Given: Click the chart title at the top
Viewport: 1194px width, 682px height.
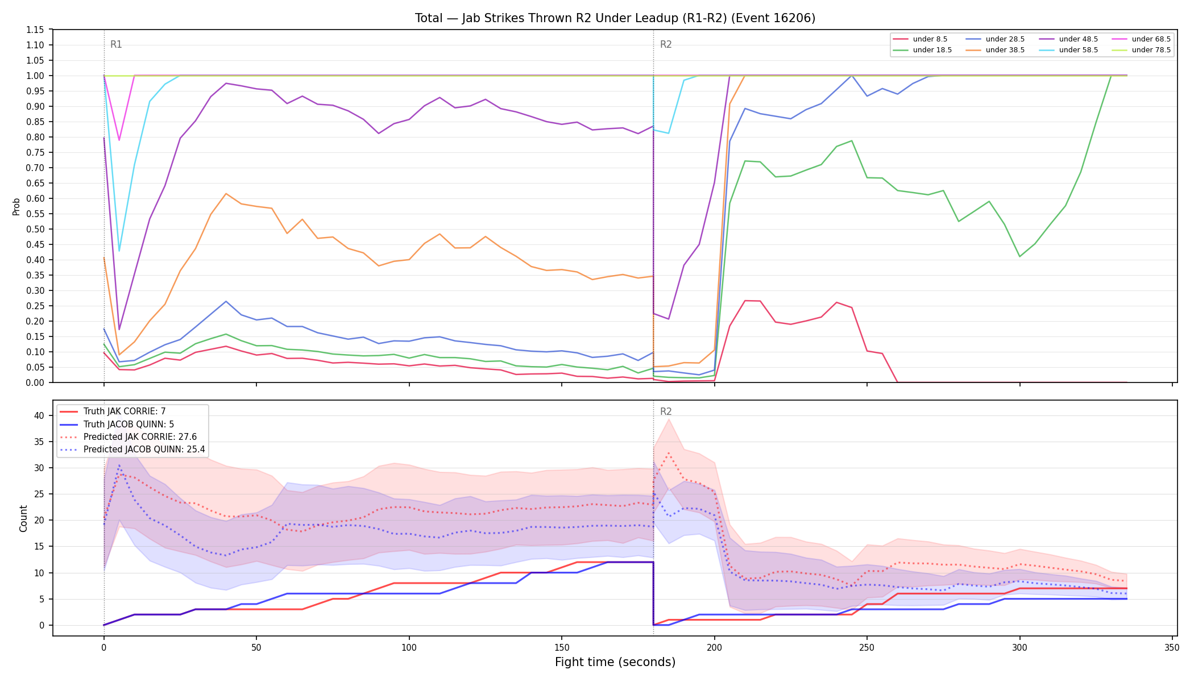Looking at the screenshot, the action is click(x=615, y=18).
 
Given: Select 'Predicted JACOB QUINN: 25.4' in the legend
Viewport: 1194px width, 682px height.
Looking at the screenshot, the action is click(x=132, y=450).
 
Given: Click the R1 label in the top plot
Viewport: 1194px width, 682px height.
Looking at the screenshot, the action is click(x=116, y=45).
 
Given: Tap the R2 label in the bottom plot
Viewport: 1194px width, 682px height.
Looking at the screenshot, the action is click(x=666, y=412).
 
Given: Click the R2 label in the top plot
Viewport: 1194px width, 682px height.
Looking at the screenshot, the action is click(x=666, y=45).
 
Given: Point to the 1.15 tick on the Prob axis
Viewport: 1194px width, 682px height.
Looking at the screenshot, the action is click(x=35, y=30).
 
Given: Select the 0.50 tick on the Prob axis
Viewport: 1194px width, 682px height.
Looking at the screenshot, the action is click(x=35, y=229).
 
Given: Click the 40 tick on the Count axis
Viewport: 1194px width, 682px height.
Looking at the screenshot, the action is click(x=39, y=415).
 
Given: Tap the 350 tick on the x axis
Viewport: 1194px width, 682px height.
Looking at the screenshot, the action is click(x=1172, y=648).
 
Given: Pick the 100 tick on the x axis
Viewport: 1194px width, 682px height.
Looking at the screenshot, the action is click(x=409, y=648).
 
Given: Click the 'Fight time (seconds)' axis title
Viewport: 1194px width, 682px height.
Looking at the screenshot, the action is click(x=615, y=663).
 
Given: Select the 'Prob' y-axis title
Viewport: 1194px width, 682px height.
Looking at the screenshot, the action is click(x=16, y=206).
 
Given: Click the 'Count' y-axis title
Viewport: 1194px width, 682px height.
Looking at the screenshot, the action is click(x=23, y=518).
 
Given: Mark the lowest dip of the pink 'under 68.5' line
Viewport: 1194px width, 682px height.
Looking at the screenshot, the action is click(x=119, y=140).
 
